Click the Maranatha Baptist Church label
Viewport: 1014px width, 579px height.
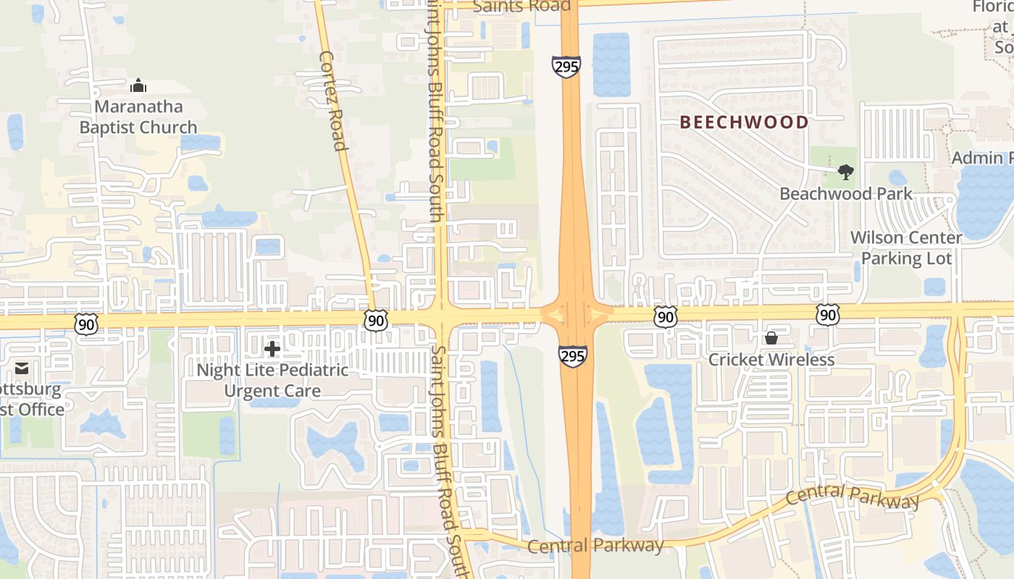[x=138, y=117]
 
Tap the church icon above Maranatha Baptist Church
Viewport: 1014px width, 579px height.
[x=138, y=86]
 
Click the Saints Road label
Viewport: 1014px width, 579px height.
[x=521, y=6]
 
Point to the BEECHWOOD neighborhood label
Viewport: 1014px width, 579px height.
[x=744, y=122]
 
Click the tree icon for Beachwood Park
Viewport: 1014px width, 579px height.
[x=845, y=172]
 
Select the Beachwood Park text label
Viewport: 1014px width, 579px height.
[x=846, y=194]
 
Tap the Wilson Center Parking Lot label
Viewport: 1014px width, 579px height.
[x=906, y=248]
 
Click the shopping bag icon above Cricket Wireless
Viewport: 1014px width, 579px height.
[x=771, y=338]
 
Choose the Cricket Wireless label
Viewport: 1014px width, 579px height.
[x=771, y=360]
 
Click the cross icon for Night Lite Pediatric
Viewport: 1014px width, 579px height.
[x=272, y=350]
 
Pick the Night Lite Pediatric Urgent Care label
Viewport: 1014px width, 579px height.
[x=272, y=381]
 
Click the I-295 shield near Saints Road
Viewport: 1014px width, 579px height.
[x=566, y=67]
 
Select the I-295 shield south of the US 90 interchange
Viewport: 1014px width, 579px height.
[x=572, y=355]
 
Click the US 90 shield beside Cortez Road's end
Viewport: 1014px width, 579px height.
[x=376, y=321]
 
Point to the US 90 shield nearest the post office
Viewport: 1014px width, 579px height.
[x=86, y=324]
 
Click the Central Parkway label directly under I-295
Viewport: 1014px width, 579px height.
[x=595, y=546]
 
